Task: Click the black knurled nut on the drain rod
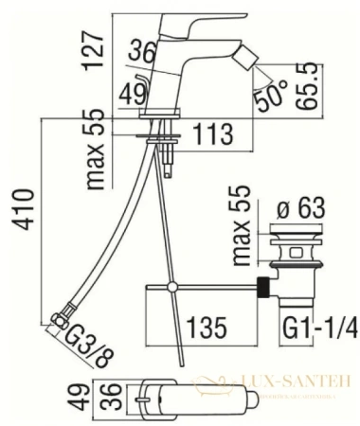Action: [x=266, y=285]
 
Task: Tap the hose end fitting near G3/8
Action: [x=60, y=319]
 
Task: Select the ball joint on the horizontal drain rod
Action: [x=171, y=286]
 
